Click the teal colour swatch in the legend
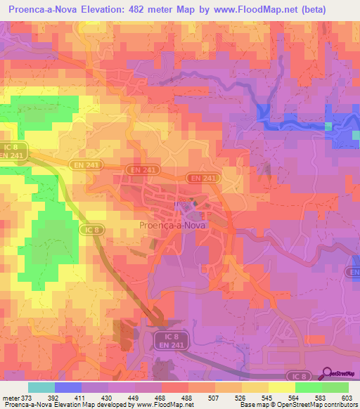click(41, 387)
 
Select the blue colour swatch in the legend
click(68, 387)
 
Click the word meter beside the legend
click(11, 397)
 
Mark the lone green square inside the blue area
click(328, 126)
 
